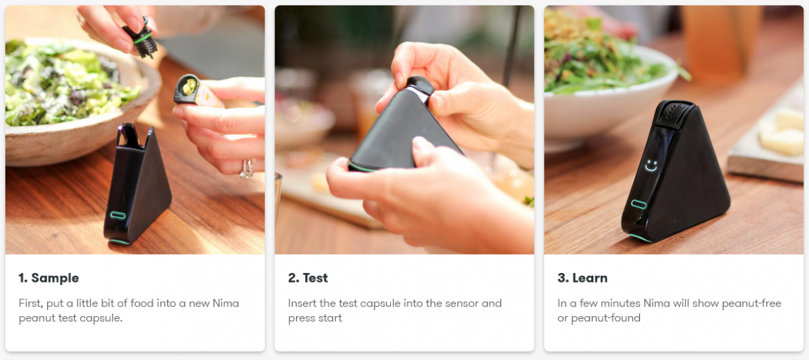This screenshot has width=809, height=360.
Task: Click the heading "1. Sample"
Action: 49,278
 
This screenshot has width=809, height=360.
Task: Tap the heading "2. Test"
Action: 307,278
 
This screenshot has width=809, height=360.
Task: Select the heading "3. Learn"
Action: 582,278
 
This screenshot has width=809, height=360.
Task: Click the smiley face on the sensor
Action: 651,166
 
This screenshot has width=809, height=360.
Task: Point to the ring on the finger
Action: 247,169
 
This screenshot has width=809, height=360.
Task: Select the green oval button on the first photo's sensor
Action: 118,216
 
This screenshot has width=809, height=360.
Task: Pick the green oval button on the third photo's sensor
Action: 638,204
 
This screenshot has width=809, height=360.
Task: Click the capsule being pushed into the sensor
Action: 420,88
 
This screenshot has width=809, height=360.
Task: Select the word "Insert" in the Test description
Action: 302,303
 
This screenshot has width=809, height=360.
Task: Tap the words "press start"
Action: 315,318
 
